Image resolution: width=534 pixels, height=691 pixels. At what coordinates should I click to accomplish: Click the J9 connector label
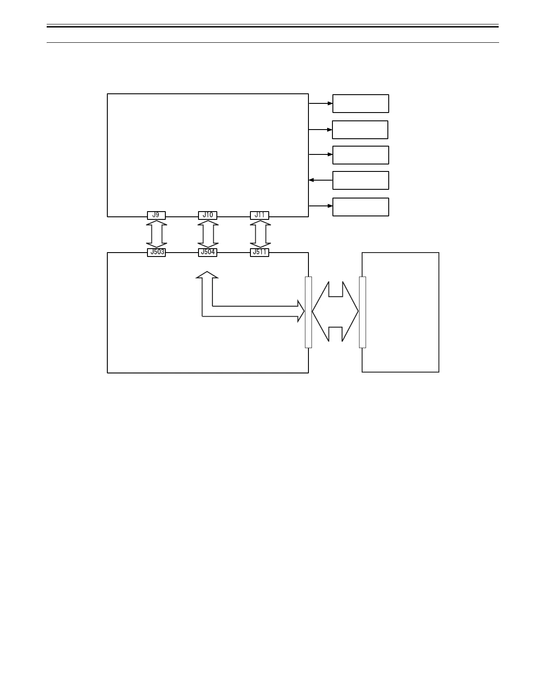(x=156, y=215)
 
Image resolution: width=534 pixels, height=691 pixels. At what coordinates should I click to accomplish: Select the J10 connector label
(x=208, y=215)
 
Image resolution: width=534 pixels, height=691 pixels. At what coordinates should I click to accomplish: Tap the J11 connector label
(x=260, y=215)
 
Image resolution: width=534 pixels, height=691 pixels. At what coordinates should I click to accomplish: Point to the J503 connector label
(x=156, y=252)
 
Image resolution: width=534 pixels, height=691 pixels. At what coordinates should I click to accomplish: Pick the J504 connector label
(x=208, y=252)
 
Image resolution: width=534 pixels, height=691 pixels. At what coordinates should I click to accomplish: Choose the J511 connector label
(x=260, y=252)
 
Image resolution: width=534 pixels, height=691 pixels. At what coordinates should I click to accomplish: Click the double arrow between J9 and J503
(x=156, y=234)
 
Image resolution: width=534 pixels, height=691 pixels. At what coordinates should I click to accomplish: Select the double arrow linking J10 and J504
(x=208, y=234)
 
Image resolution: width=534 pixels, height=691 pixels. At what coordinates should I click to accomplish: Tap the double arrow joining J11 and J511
(x=260, y=234)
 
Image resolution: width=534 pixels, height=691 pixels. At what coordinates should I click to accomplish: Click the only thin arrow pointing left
(x=320, y=180)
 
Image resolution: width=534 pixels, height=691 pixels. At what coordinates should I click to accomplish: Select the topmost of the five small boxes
(x=360, y=103)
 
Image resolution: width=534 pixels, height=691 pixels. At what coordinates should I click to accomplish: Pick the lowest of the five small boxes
(x=360, y=207)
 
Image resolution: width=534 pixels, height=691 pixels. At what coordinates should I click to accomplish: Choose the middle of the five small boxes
(x=360, y=155)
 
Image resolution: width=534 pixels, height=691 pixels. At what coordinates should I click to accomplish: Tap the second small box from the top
(x=360, y=130)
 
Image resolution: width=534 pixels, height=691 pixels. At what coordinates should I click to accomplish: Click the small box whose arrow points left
(x=360, y=180)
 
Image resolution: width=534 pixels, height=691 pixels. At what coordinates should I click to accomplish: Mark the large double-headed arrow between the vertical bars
(x=335, y=311)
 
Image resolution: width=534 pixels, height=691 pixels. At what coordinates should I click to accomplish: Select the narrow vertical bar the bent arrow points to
(x=308, y=312)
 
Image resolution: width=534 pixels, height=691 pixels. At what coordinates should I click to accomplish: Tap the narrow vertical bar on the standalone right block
(x=362, y=312)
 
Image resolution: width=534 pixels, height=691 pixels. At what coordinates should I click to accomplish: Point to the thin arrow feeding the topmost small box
(x=320, y=103)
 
